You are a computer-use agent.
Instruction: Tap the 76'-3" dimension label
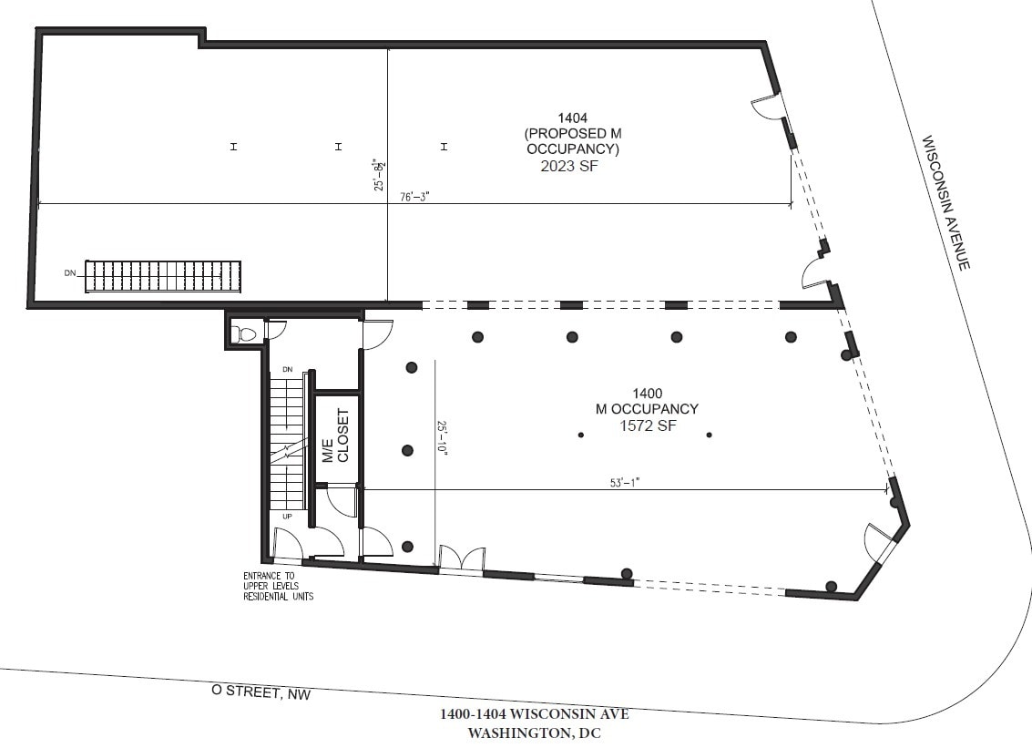[414, 196]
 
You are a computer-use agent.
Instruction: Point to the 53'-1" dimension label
[625, 483]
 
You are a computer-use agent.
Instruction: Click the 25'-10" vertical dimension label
[443, 438]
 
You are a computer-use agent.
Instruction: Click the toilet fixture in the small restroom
[244, 334]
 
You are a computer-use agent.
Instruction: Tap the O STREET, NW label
[261, 693]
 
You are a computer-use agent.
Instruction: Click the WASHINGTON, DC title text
[535, 733]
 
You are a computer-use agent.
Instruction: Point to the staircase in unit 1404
[165, 276]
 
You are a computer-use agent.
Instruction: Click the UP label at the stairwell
[287, 516]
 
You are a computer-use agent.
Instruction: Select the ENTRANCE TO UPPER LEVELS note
[277, 586]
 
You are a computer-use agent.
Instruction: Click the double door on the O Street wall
[460, 559]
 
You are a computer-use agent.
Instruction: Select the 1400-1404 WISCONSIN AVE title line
[534, 713]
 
